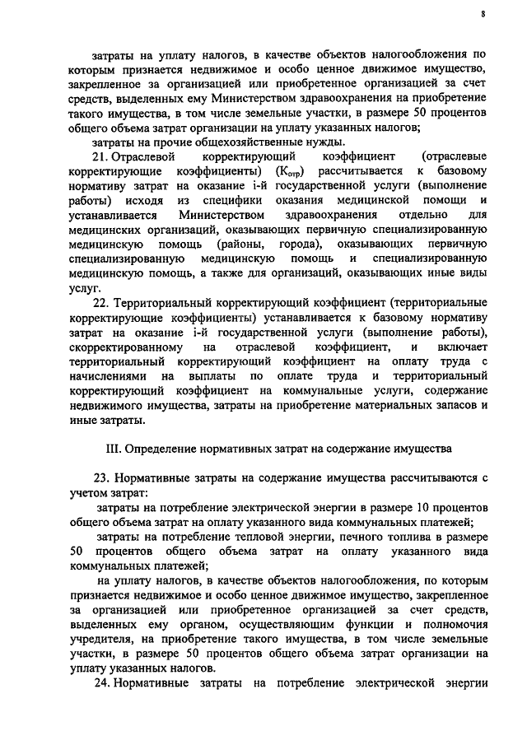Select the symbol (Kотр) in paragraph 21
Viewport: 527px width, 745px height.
coord(294,171)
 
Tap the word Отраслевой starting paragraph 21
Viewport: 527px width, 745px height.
coord(146,156)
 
